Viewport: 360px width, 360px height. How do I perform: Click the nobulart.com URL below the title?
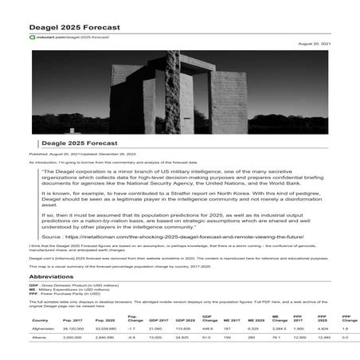(71, 37)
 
